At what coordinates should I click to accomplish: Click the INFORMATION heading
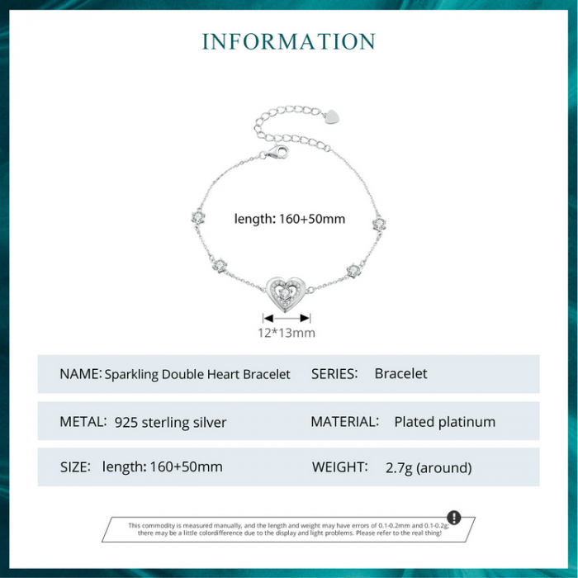tap(288, 41)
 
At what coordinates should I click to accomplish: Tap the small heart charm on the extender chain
tap(330, 116)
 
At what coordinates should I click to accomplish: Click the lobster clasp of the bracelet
tap(276, 153)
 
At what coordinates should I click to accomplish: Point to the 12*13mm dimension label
tap(287, 333)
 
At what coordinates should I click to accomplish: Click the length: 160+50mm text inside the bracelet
tap(289, 219)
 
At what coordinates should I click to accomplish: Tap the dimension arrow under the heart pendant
tap(287, 317)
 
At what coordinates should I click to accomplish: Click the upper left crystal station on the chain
tap(197, 216)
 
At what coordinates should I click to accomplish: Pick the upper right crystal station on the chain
tap(379, 223)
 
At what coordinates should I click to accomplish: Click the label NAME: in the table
tap(80, 374)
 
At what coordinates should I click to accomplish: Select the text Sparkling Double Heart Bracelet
tap(197, 374)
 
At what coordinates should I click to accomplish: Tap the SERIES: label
tap(334, 374)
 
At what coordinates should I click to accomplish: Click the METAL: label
tap(83, 422)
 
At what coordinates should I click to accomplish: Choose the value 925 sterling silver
tap(171, 423)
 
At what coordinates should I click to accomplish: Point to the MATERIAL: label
tap(344, 422)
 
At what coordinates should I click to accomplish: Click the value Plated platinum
tap(444, 422)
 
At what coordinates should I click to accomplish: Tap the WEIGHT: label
tap(339, 467)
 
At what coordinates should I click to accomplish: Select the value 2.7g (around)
tap(429, 468)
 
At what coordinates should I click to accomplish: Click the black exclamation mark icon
tap(453, 518)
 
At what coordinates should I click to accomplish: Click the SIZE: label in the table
tap(74, 467)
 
